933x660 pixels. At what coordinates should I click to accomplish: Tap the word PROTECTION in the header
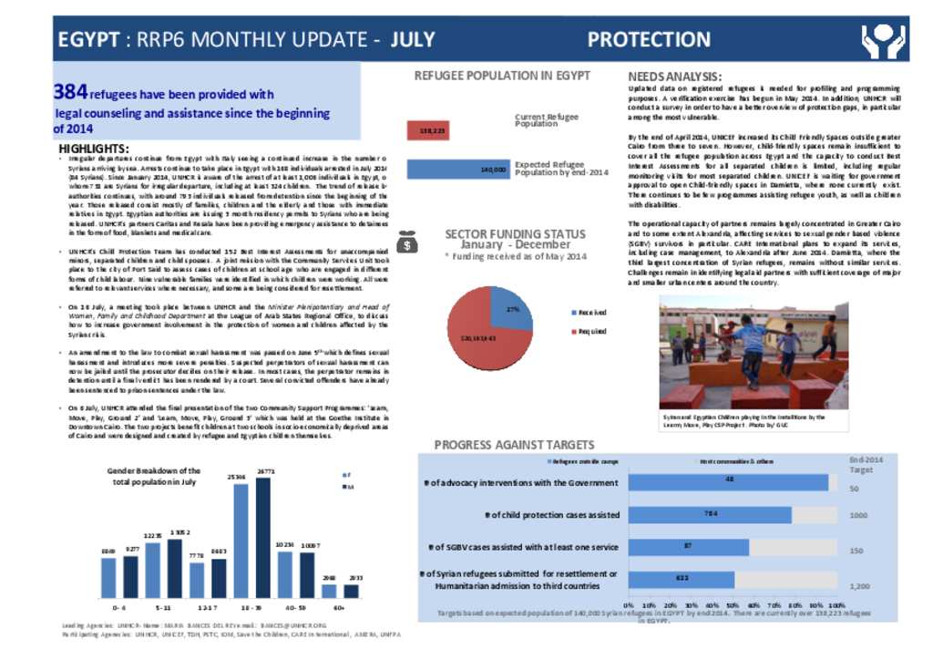coord(649,40)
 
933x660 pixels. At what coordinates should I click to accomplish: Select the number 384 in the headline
coord(70,92)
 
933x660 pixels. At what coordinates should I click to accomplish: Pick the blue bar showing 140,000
coord(458,170)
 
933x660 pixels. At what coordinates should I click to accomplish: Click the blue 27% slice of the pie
coord(511,307)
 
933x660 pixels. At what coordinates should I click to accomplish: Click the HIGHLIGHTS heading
coord(94,149)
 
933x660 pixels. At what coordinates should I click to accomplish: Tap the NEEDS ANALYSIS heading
coord(675,77)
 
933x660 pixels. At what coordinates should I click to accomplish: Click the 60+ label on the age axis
coord(338,605)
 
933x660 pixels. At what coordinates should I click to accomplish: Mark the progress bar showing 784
coord(709,515)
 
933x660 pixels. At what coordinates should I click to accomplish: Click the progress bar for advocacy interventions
coord(727,482)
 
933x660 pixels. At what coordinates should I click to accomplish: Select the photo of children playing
coord(754,356)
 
